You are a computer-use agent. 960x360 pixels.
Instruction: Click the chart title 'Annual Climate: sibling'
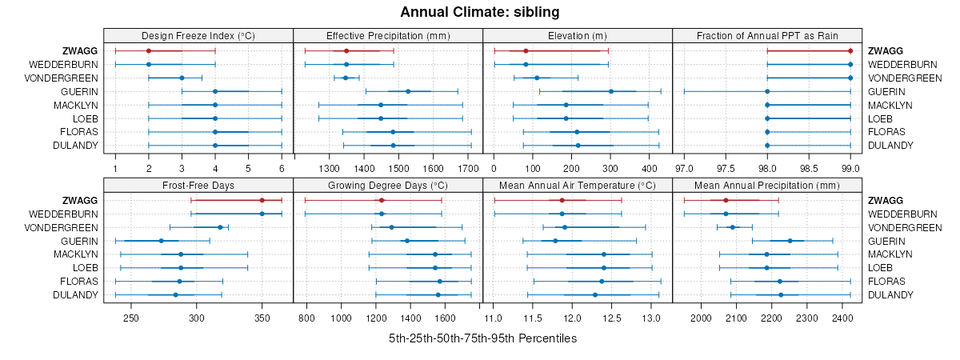[480, 12]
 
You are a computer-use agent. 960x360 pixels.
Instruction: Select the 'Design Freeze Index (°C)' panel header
[198, 35]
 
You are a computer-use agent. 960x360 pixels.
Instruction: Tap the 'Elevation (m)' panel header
[578, 35]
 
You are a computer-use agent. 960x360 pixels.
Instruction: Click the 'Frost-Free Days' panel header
[198, 186]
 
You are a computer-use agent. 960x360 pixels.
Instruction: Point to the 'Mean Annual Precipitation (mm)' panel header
[767, 186]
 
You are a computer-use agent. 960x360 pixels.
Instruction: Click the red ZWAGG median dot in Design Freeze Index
[149, 50]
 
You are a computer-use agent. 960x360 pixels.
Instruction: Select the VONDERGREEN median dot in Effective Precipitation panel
[346, 78]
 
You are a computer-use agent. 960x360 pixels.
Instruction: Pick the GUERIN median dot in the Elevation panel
[611, 91]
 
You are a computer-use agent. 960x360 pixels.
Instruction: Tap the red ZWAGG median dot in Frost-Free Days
[262, 200]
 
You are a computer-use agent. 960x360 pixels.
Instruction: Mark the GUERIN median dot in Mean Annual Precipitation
[790, 241]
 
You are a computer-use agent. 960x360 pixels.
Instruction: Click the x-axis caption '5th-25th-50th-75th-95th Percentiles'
[482, 338]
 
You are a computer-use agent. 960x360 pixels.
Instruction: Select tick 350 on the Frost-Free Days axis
[262, 318]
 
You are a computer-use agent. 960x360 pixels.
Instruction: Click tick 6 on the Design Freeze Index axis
[282, 169]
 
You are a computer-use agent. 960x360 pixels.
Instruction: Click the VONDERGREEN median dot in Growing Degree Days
[391, 227]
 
